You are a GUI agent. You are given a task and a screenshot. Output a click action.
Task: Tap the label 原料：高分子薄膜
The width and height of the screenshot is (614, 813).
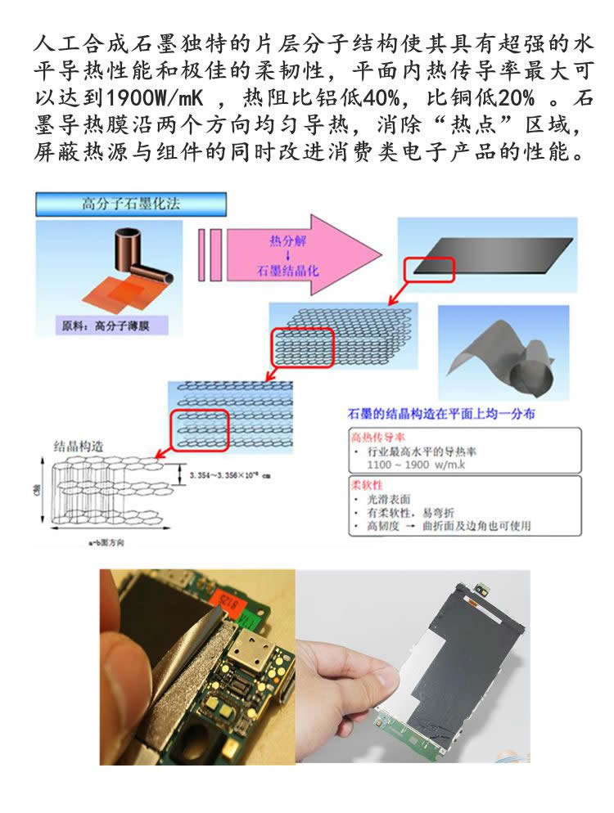coord(112,326)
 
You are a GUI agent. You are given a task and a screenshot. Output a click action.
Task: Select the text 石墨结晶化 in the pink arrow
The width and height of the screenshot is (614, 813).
coord(285,271)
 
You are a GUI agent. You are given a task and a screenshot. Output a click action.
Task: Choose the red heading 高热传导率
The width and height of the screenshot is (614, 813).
coord(372,436)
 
